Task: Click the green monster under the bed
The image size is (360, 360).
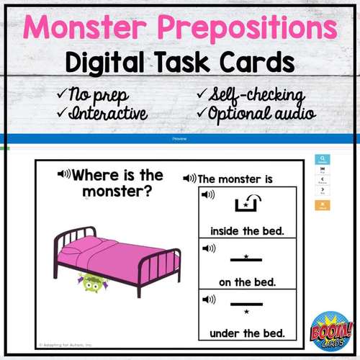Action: (90, 282)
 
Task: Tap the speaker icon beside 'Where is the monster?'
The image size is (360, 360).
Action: (64, 174)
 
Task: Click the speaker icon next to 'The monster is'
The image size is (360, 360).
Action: (190, 179)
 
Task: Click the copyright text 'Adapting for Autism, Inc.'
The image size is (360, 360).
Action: (68, 343)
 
